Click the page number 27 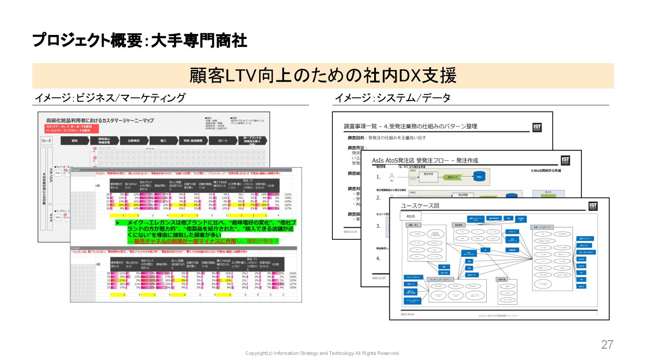click(607, 345)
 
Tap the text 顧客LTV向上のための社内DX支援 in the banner click(323, 76)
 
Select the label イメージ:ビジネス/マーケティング click(110, 98)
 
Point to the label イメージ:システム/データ click(393, 98)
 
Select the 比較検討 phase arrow click(133, 140)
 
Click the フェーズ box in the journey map click(46, 141)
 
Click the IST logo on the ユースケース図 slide click(593, 206)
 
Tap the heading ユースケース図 click(420, 206)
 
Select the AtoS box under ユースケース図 click(407, 216)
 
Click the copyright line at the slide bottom click(323, 353)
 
